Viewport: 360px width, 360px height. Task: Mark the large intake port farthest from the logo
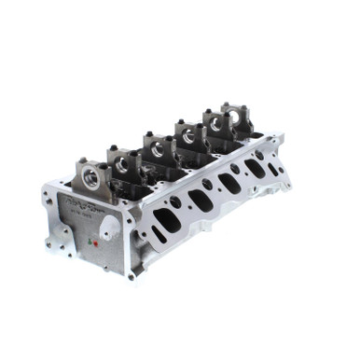point(253,168)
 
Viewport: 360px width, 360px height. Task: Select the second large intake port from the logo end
point(200,200)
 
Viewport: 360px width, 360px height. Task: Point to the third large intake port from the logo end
point(228,183)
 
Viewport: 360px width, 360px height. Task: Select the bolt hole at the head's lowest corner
point(132,276)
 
